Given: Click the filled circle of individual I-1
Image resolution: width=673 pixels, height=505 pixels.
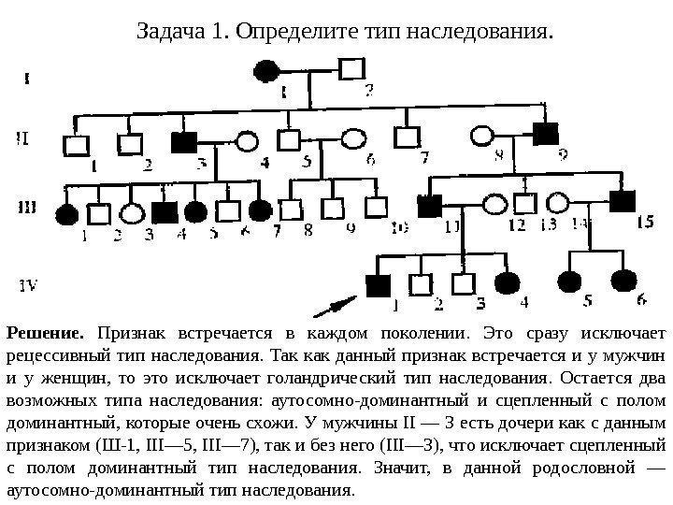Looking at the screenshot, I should point(266,70).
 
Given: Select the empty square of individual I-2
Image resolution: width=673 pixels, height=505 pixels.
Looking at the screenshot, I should point(351,69).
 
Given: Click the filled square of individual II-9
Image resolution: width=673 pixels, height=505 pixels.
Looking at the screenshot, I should point(545,133).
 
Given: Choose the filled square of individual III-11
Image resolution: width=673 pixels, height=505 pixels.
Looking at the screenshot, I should point(431,205).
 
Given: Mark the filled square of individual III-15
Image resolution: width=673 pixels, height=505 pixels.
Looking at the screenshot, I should point(622,199).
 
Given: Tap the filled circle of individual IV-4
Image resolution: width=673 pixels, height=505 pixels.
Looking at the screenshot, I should point(507,283).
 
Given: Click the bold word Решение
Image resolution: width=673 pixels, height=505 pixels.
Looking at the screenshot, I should point(46,332).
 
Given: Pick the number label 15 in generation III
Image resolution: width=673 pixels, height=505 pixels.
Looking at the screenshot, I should point(644,223).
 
